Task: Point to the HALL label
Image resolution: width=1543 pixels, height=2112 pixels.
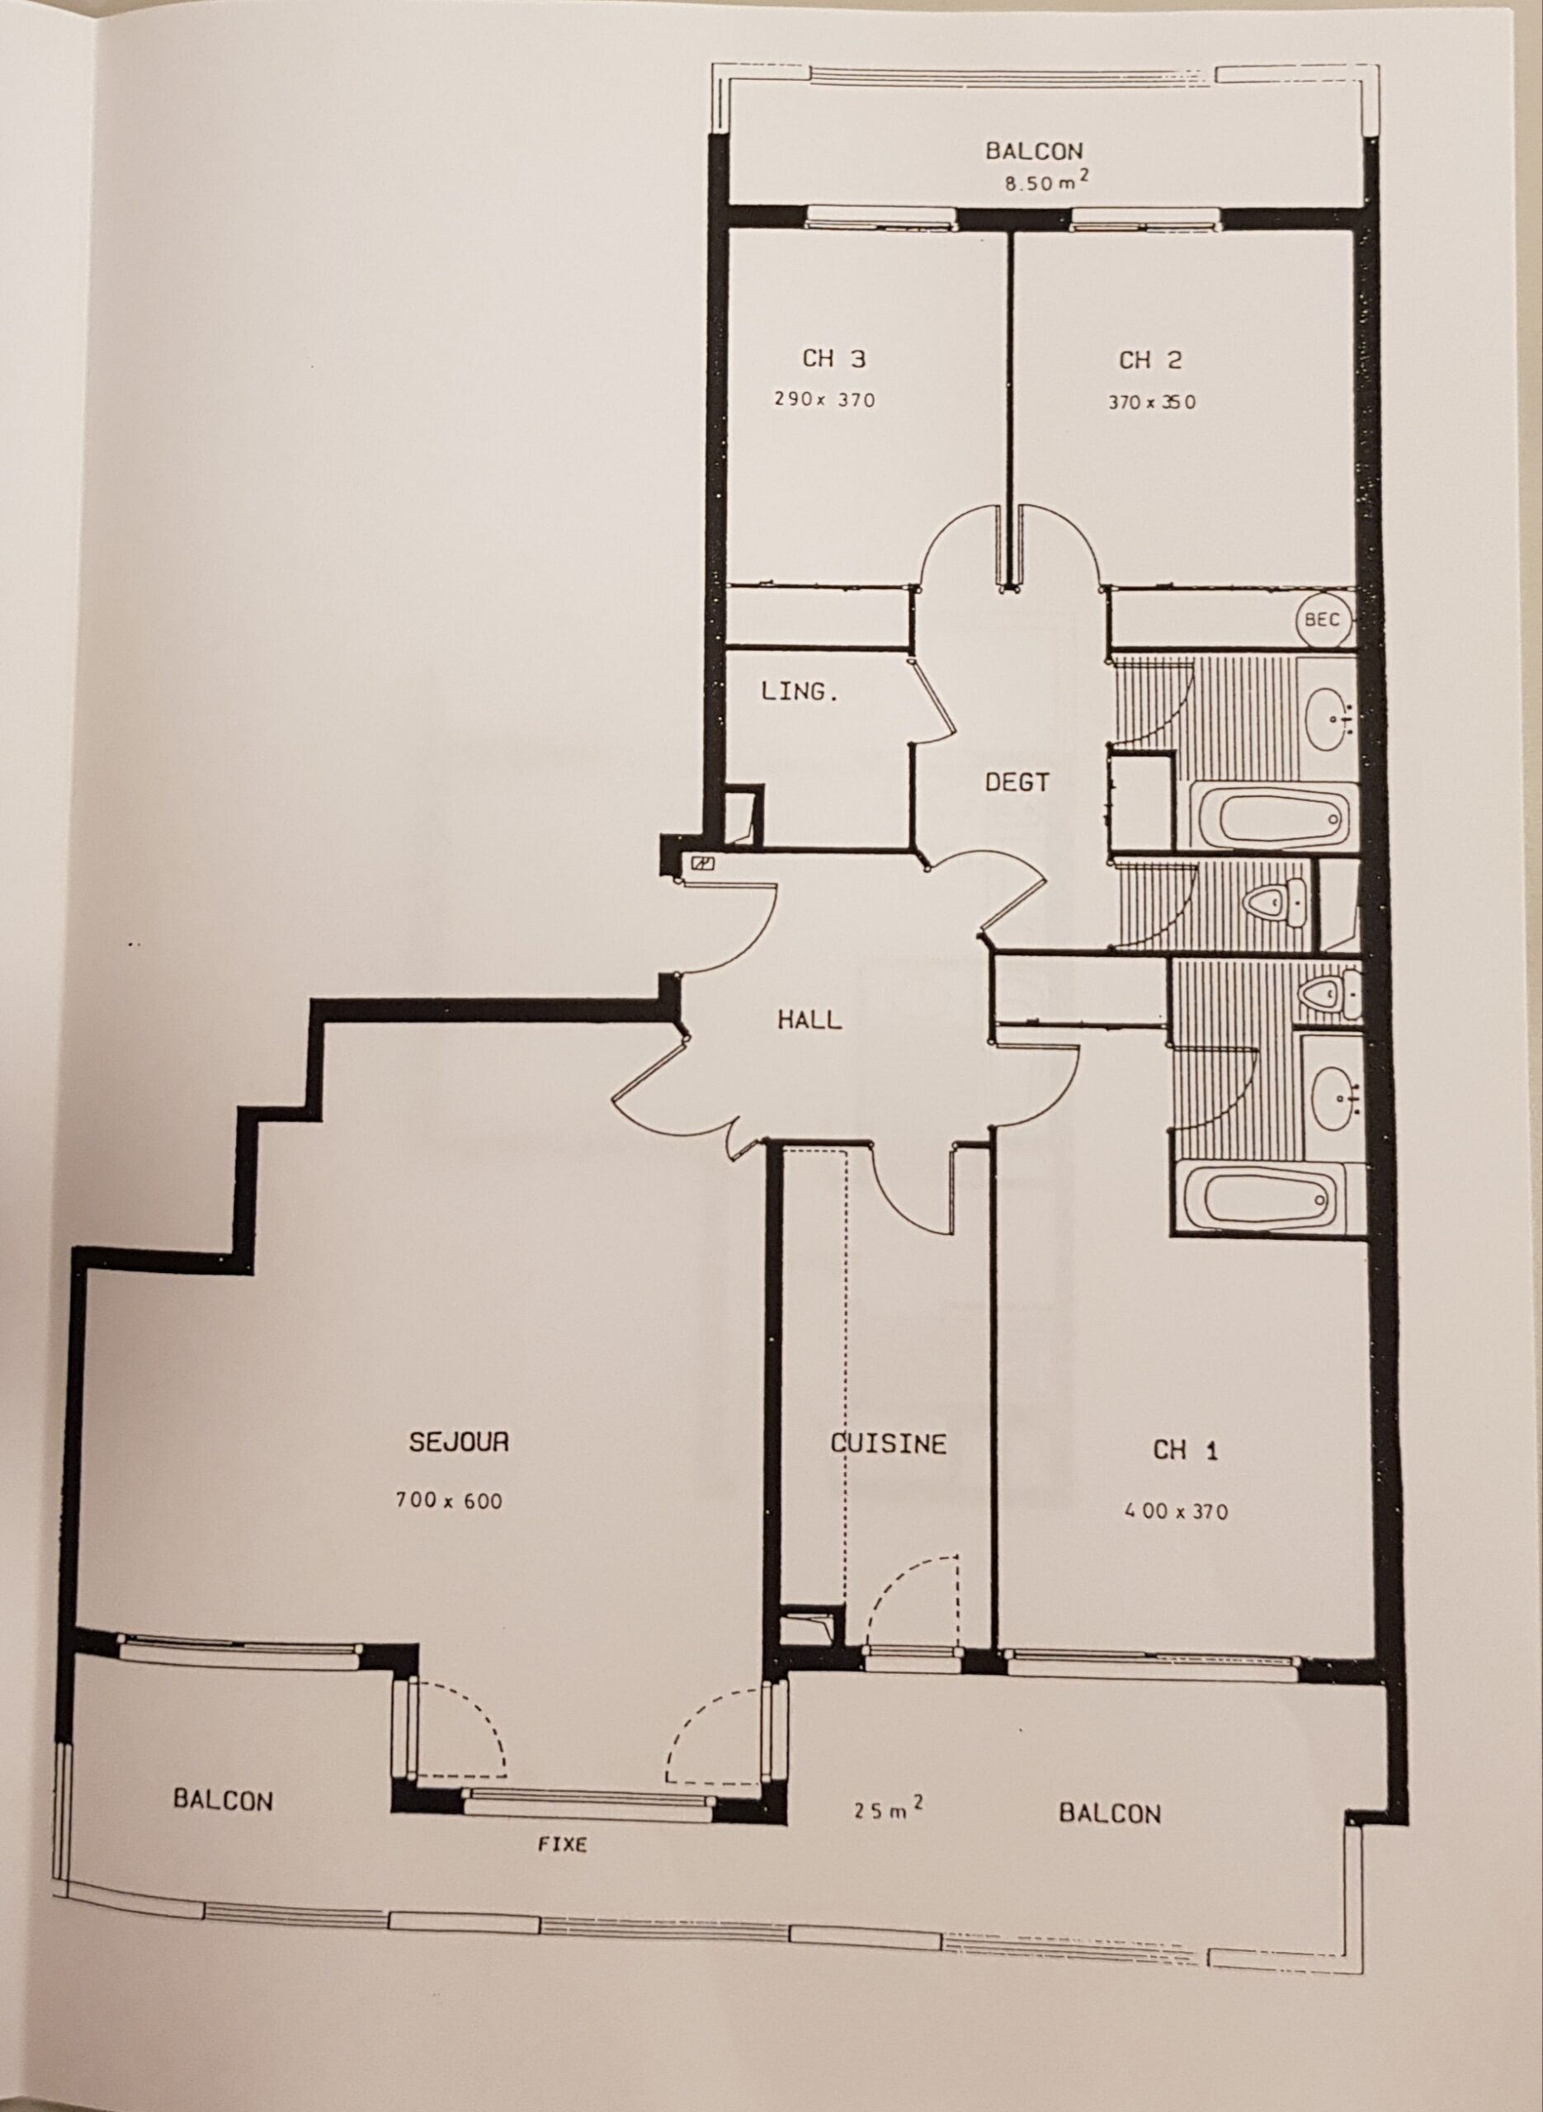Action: [809, 1019]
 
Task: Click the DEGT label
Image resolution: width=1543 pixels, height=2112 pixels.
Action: [1017, 782]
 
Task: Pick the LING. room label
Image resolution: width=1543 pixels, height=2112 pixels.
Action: [800, 692]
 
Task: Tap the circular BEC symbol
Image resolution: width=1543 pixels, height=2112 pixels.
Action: [1324, 619]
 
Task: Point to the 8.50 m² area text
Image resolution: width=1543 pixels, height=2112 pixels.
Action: [1046, 181]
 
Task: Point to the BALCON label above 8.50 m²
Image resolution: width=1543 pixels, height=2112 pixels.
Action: [1034, 150]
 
